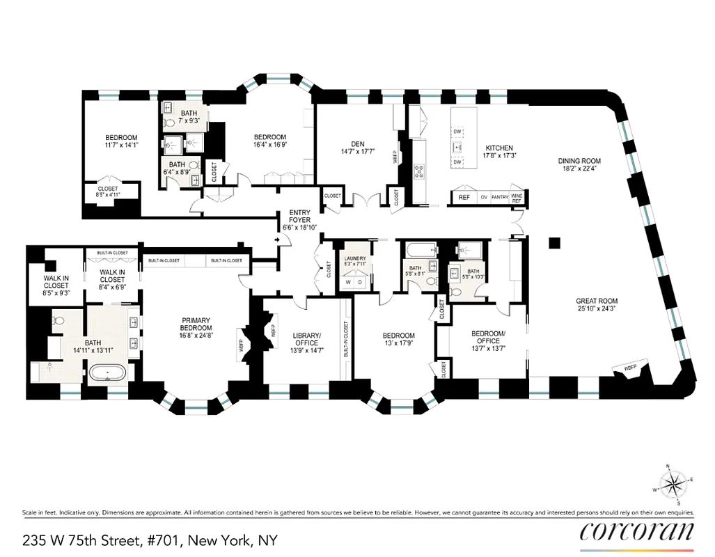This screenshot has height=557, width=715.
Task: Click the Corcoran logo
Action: pos(636,531)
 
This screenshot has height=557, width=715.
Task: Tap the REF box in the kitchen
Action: pos(464,197)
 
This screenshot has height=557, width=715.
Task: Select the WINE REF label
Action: pos(517,197)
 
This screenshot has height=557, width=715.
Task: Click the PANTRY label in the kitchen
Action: pos(499,197)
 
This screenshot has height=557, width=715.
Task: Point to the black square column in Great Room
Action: pos(554,243)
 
